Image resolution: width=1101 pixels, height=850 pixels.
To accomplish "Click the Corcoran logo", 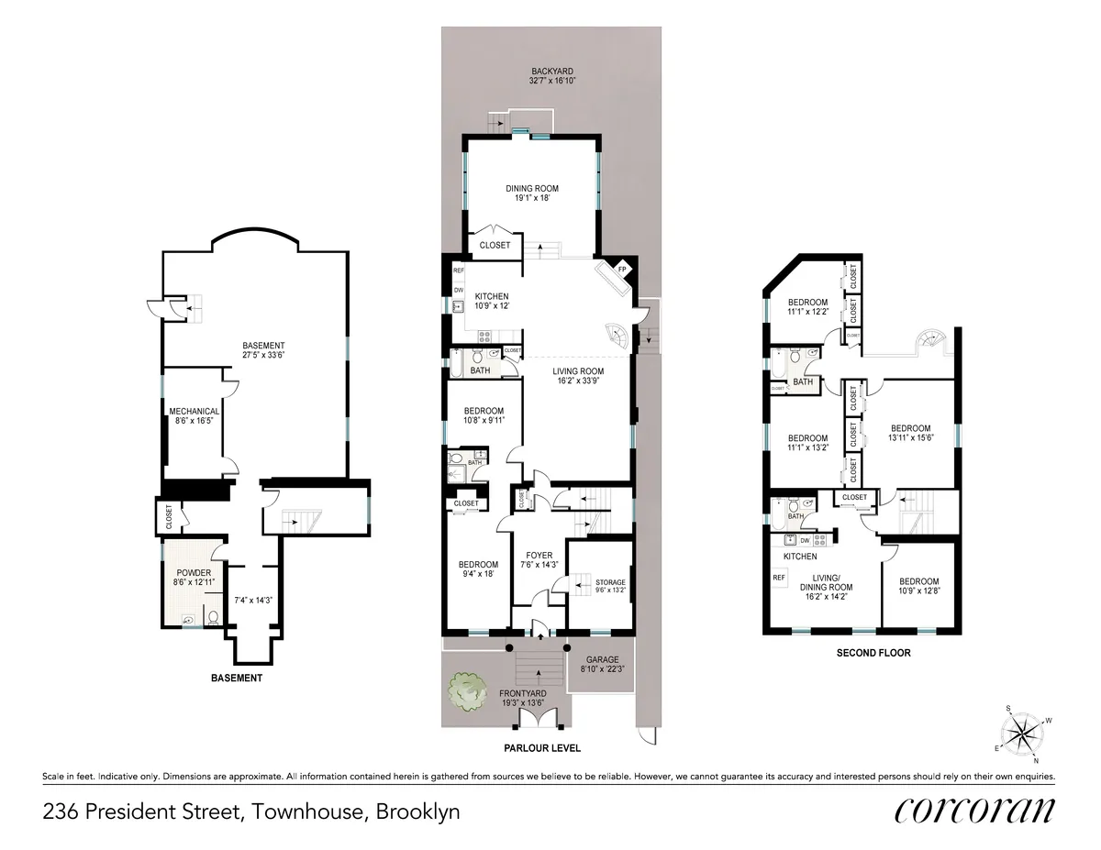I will coord(973,811).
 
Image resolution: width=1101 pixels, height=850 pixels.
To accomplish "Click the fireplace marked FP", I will coord(622,270).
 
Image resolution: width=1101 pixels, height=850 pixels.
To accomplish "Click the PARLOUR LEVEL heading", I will coord(542,748).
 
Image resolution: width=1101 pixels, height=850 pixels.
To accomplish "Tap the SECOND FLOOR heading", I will coord(873,654).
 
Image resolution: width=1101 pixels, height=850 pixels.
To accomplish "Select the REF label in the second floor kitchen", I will coord(779,578).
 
